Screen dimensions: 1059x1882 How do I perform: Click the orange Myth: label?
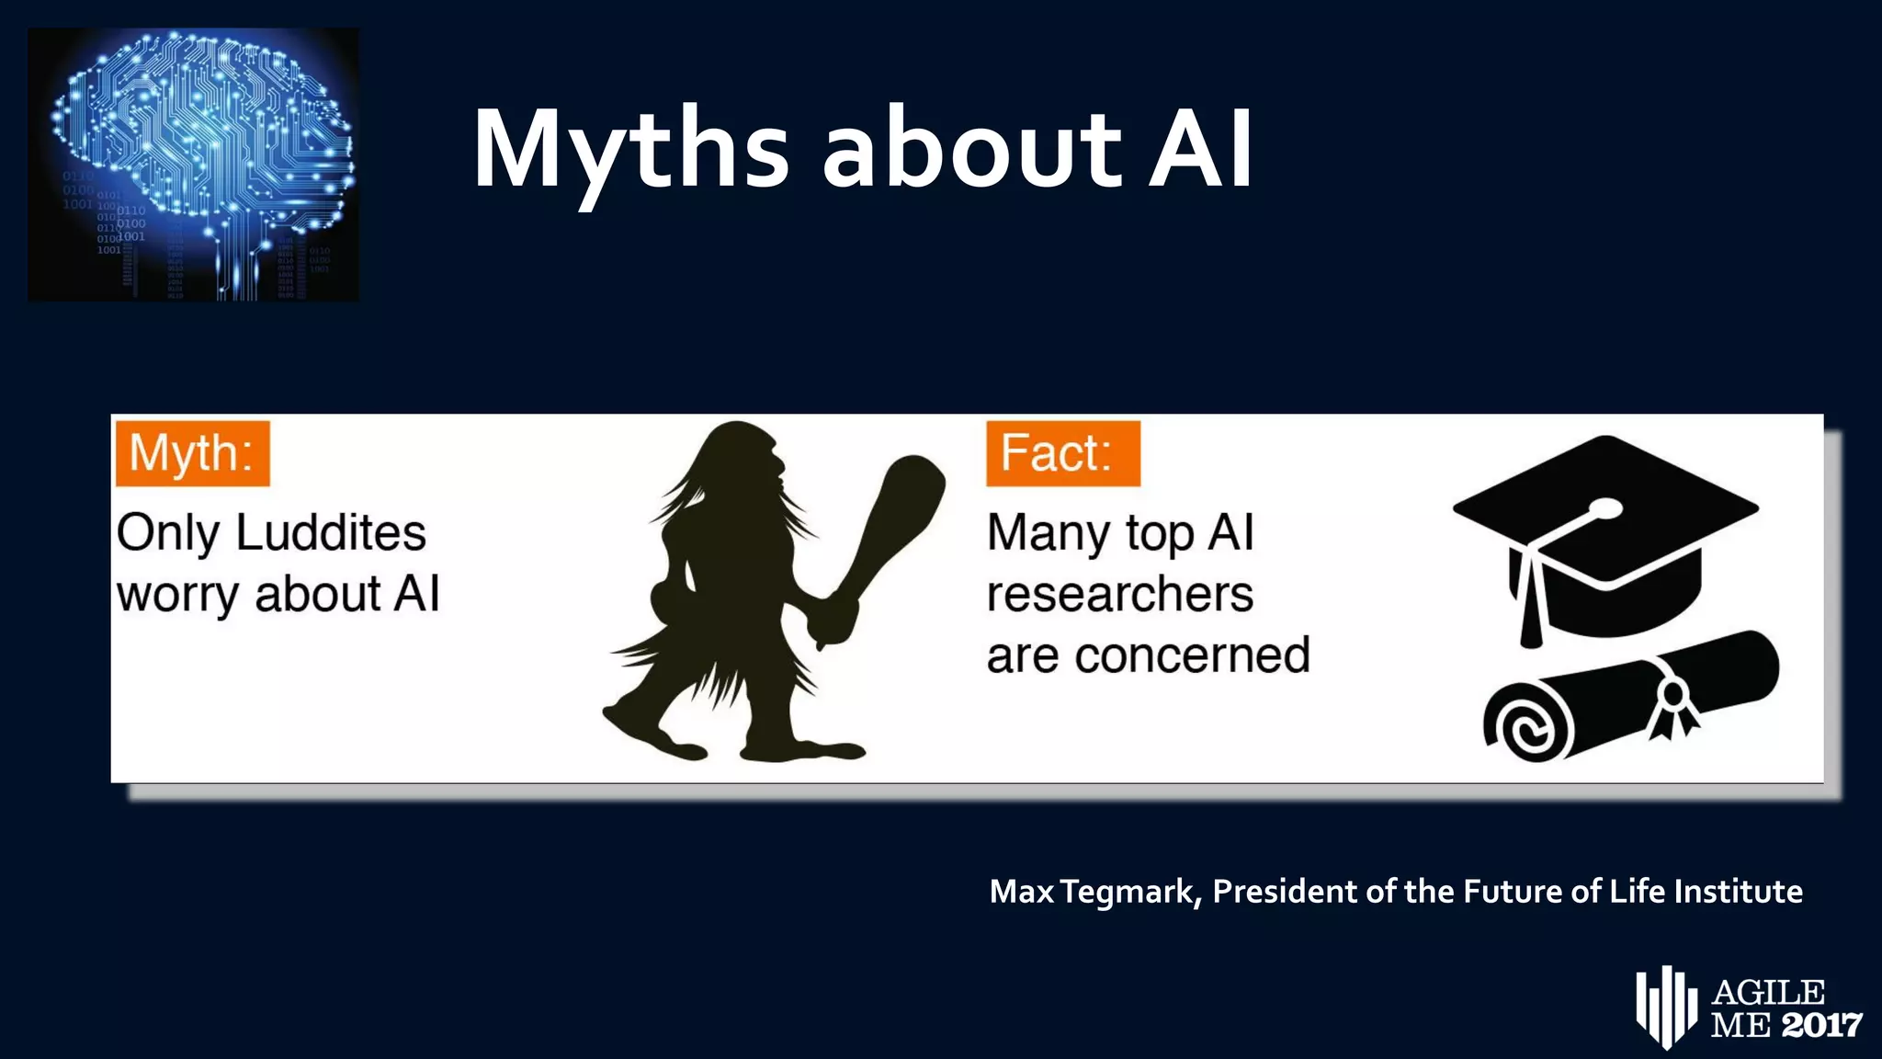192,453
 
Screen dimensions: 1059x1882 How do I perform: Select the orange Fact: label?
1062,453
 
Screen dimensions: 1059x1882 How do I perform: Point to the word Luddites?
331,533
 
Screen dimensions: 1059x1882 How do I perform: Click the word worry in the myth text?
178,596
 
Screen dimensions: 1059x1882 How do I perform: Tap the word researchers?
1119,595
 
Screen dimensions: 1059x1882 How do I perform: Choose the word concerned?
1192,656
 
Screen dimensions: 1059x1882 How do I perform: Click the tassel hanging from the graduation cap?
1530,607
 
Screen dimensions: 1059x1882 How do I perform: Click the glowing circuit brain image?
194,165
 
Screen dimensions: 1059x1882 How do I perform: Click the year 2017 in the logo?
1821,1024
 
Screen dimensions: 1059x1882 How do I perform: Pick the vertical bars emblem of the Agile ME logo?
1665,1006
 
